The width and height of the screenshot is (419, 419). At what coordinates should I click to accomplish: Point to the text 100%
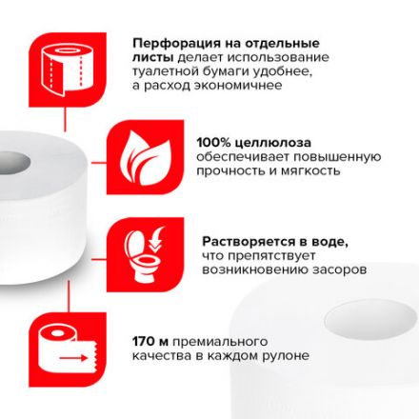tap(213, 139)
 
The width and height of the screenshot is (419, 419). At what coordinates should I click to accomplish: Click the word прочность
tap(228, 170)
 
